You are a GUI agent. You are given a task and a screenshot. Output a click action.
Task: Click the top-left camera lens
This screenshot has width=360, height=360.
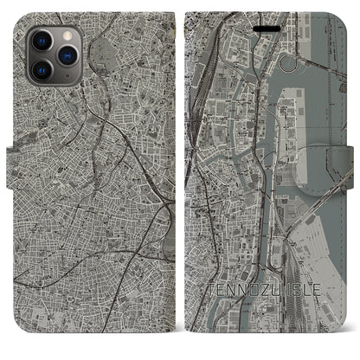coord(42,39)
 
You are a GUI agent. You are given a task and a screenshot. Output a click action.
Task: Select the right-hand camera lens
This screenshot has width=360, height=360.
coord(67,54)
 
